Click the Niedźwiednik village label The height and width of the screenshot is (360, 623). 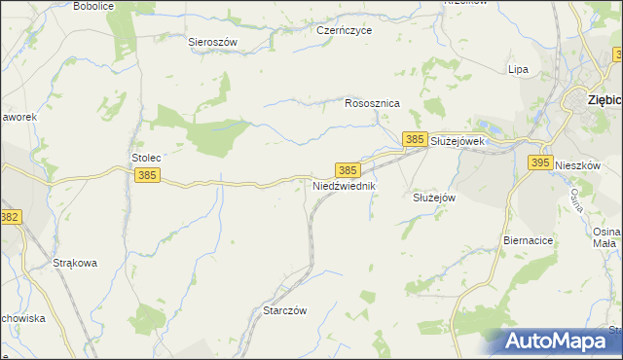344,185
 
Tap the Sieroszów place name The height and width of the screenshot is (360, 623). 212,42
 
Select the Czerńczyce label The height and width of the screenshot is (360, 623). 345,30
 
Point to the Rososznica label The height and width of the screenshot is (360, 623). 373,102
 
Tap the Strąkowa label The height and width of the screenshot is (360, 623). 74,263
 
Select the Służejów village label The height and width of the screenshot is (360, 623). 429,197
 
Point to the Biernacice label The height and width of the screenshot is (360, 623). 529,238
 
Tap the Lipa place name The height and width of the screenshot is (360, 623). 518,69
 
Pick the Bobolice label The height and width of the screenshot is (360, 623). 93,6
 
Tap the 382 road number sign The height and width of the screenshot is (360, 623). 10,218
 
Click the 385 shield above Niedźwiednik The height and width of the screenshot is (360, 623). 348,169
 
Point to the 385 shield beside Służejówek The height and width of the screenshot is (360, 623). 415,140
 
